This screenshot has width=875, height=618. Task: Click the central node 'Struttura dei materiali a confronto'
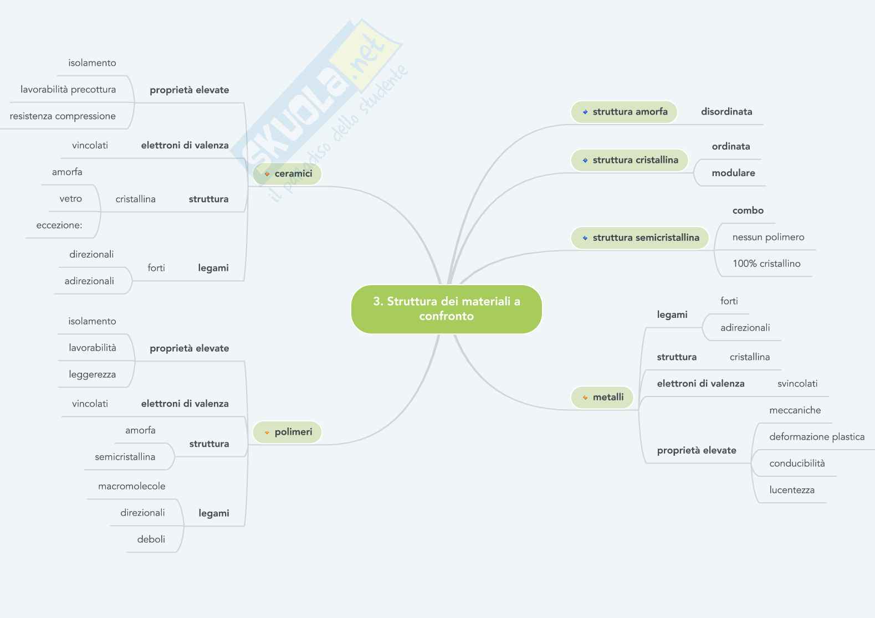tap(446, 309)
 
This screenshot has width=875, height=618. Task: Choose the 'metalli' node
tap(602, 397)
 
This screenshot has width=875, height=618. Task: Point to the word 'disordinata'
tap(726, 112)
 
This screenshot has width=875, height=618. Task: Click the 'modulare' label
tap(733, 173)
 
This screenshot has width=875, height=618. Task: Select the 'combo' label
tap(748, 210)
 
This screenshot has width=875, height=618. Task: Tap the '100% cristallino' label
tap(766, 264)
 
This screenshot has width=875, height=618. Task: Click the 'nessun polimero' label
tap(768, 237)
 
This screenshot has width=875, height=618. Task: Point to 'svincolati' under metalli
tap(797, 384)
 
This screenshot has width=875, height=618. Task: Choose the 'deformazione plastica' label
tap(816, 437)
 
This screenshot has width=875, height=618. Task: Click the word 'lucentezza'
tap(791, 490)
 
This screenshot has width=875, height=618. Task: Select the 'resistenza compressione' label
tap(63, 116)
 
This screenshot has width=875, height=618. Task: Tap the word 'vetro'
tap(70, 199)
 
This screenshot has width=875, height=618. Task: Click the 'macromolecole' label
tap(131, 486)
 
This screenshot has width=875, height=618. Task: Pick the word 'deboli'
tap(151, 539)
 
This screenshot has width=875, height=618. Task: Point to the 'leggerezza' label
tap(92, 374)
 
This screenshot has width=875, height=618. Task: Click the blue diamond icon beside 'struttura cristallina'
tap(585, 161)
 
